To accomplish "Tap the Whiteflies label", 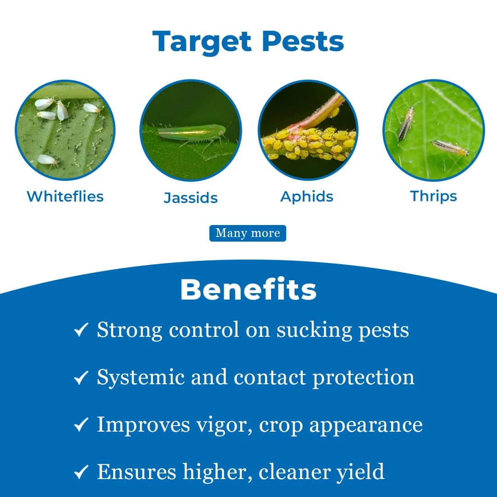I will tap(65, 196).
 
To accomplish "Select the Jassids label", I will tap(191, 198).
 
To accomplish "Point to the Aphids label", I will tap(306, 196).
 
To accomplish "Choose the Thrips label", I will tap(433, 196).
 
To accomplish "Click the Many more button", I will tap(248, 233).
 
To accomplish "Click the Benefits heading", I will tap(248, 290).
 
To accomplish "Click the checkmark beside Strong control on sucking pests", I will tap(81, 330).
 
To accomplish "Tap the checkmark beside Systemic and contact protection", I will tap(81, 378).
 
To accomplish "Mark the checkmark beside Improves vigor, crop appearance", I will tap(81, 426).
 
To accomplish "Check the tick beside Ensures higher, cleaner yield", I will tap(81, 473).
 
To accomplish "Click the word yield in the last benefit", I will tap(360, 473).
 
